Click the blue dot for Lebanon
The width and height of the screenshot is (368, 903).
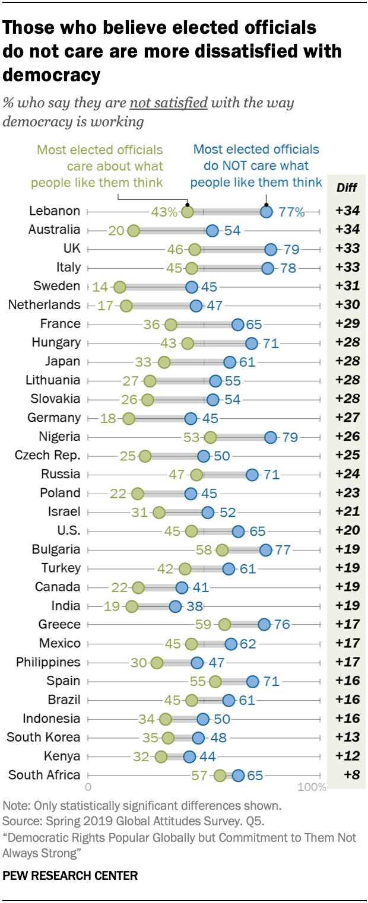(267, 211)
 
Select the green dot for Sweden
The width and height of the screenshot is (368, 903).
(120, 287)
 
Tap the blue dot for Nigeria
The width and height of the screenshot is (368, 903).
(271, 437)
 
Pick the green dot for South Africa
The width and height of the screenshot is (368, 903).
(220, 775)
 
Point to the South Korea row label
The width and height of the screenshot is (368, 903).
(43, 737)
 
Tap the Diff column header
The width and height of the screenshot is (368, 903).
(347, 187)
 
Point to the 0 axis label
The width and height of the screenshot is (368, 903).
(88, 788)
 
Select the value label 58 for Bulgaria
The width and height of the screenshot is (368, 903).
(204, 549)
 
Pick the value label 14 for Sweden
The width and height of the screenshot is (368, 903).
(100, 287)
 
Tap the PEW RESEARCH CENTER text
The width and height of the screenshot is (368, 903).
(70, 875)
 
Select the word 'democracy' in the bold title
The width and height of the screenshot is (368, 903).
(51, 75)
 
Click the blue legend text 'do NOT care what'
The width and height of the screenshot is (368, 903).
(256, 166)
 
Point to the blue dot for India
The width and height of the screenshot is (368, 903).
(175, 606)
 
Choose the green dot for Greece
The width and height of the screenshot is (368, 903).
(224, 625)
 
